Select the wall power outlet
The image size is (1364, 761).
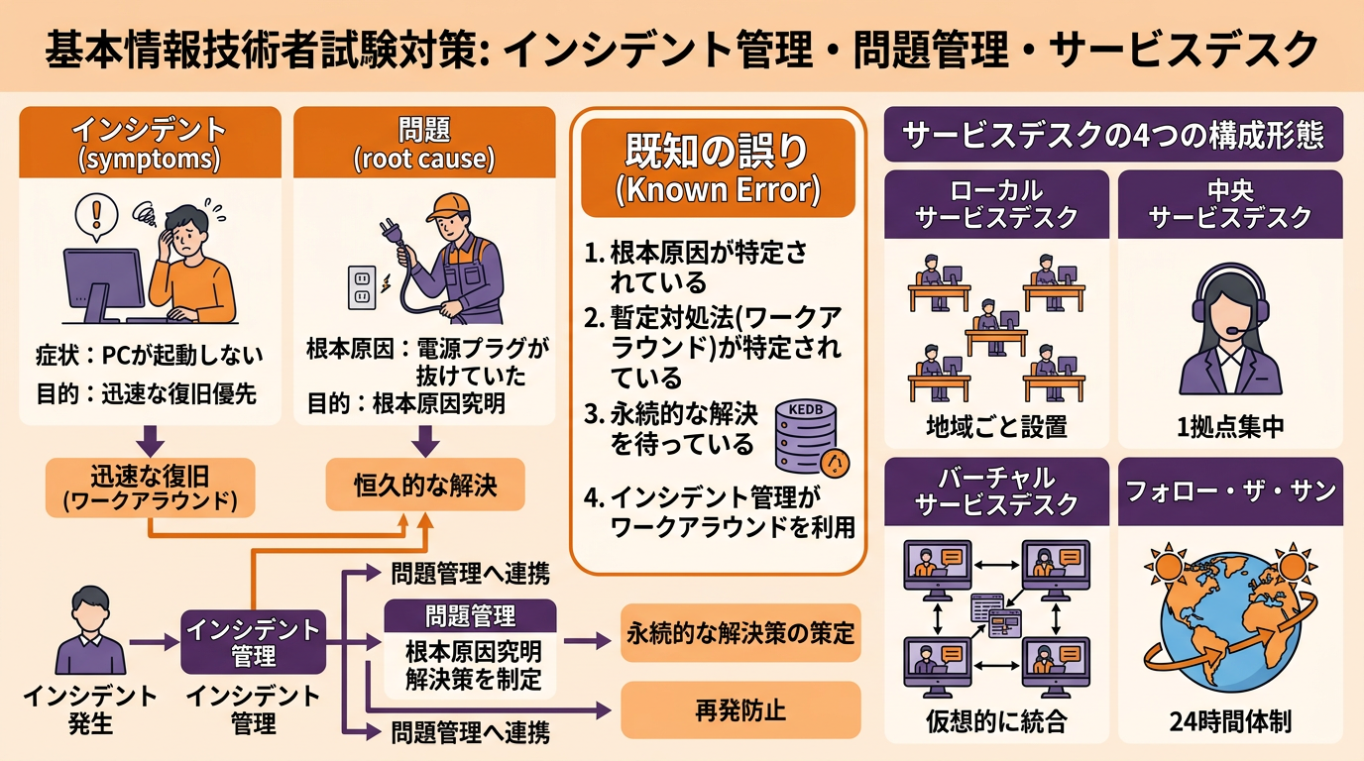pyautogui.click(x=361, y=287)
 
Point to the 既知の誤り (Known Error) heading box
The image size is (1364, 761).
pyautogui.click(x=717, y=167)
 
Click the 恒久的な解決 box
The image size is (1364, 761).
pyautogui.click(x=425, y=486)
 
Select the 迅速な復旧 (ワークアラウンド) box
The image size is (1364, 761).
pyautogui.click(x=150, y=487)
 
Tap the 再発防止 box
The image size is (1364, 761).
pyautogui.click(x=740, y=710)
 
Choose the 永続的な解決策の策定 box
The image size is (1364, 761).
pyautogui.click(x=740, y=632)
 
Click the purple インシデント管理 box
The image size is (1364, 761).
pyautogui.click(x=254, y=641)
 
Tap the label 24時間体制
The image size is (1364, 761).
pyautogui.click(x=1230, y=721)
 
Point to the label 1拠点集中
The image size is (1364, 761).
pyautogui.click(x=1230, y=427)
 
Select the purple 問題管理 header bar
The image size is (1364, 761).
pyautogui.click(x=470, y=615)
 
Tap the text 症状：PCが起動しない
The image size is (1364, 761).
pyautogui.click(x=149, y=354)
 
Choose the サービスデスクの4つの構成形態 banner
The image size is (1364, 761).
pyautogui.click(x=1112, y=134)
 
